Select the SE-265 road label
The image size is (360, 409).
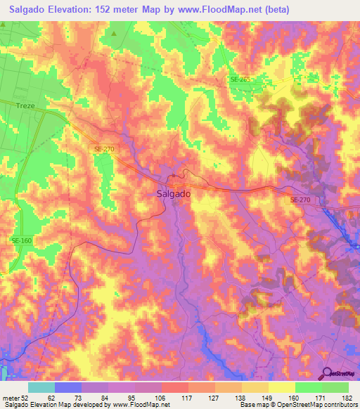tap(240, 79)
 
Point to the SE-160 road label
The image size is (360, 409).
tap(20, 240)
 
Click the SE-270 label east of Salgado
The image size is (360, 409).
tap(300, 200)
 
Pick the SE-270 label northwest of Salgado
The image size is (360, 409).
tap(103, 149)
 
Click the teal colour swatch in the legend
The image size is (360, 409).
tap(41, 387)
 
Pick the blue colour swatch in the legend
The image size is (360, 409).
tap(68, 387)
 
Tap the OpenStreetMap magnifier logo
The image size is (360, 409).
tap(328, 373)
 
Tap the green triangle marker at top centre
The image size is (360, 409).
tap(113, 32)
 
